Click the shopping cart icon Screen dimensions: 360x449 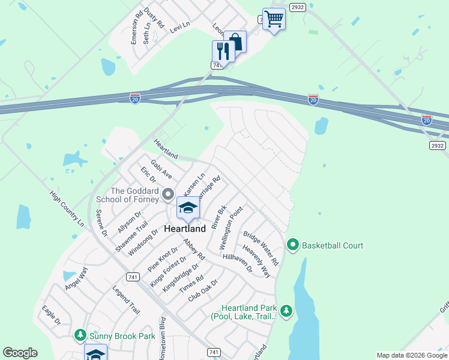274,19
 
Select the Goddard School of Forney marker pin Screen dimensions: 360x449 168,195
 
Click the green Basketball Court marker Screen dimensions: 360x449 293,245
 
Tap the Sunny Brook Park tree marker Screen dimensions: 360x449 80,335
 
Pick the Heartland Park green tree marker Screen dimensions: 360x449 286,311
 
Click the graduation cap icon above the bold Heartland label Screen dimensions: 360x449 188,208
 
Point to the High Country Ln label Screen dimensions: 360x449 67,209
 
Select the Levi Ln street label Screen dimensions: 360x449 179,27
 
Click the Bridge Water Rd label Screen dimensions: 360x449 261,248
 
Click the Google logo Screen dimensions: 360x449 20,353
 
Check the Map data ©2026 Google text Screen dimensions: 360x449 412,355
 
